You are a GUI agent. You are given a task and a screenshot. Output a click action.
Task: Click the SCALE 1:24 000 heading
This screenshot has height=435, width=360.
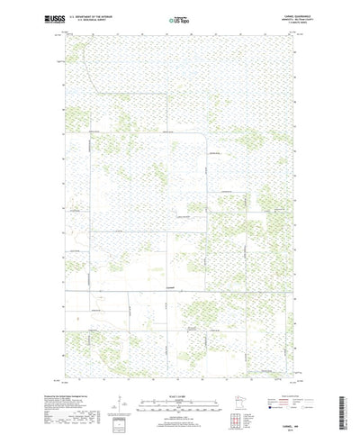point(180,370)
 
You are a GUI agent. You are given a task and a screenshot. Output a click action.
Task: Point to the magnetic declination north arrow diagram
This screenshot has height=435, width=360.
point(121,383)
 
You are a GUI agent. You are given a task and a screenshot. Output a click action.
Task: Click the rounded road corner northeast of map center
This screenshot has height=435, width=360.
point(204,137)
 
